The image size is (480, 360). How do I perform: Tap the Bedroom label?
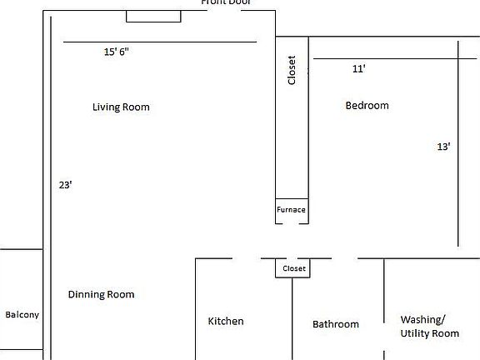pyautogui.click(x=367, y=105)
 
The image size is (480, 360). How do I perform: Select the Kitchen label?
pyautogui.click(x=226, y=321)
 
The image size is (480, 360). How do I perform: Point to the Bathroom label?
pyautogui.click(x=335, y=324)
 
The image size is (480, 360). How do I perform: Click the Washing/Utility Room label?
pyautogui.click(x=429, y=326)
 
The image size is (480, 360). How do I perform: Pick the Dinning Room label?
pyautogui.click(x=101, y=294)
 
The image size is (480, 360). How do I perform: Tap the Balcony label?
pyautogui.click(x=22, y=315)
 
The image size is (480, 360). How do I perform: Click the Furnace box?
pyautogui.click(x=292, y=210)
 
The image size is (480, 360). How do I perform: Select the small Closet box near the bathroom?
pyautogui.click(x=294, y=268)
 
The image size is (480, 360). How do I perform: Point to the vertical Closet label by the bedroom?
pyautogui.click(x=292, y=70)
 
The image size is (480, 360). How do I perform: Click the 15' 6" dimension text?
pyautogui.click(x=116, y=52)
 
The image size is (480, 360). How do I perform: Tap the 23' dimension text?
pyautogui.click(x=66, y=185)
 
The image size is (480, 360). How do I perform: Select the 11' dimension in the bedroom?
pyautogui.click(x=359, y=69)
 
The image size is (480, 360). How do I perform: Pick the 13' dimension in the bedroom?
pyautogui.click(x=443, y=147)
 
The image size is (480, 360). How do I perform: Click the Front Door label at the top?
pyautogui.click(x=226, y=2)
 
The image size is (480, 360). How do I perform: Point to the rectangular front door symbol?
pyautogui.click(x=153, y=16)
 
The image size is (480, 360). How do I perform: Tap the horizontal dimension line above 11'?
pyautogui.click(x=383, y=59)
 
